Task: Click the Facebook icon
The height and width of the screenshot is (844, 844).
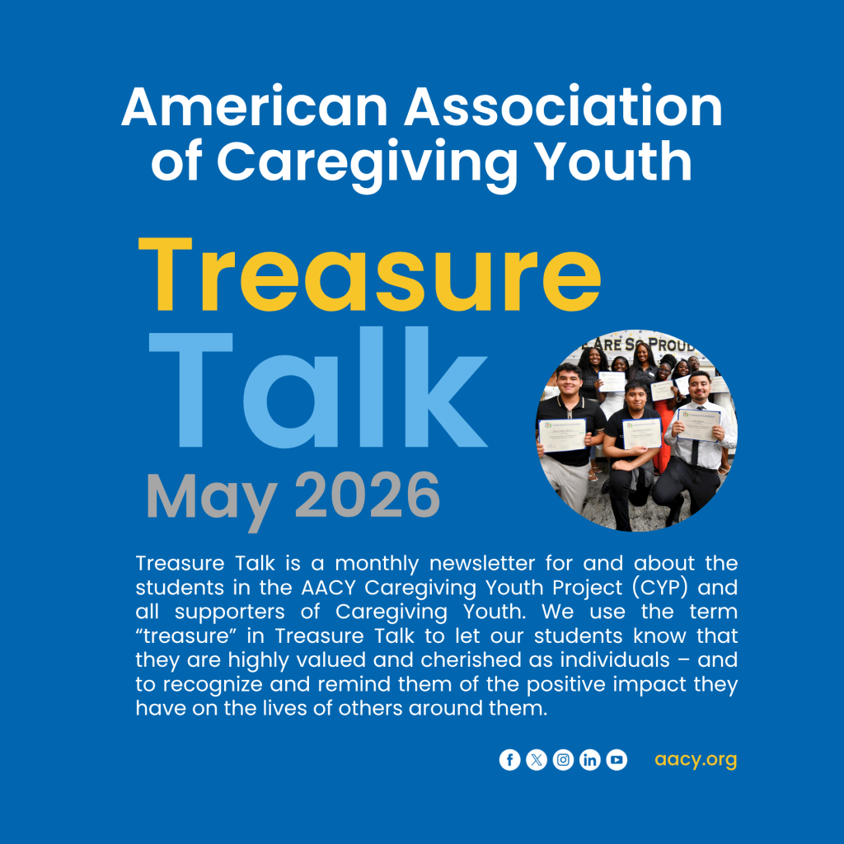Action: (509, 759)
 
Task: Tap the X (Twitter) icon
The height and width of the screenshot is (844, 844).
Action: (536, 759)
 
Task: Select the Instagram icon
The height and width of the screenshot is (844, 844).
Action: (563, 759)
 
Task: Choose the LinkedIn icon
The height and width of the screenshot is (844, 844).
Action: (590, 759)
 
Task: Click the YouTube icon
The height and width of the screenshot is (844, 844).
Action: (617, 759)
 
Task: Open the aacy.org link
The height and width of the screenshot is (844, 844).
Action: (696, 760)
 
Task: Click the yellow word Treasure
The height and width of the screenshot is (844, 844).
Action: (370, 274)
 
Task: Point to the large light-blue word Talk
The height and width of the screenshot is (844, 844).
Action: (318, 387)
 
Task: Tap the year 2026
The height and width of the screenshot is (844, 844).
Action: (368, 495)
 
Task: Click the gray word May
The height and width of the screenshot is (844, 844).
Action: (212, 500)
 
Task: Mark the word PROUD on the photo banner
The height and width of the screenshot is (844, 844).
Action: (671, 345)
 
